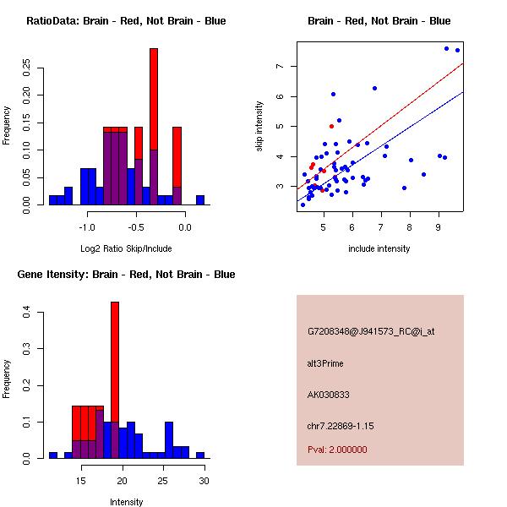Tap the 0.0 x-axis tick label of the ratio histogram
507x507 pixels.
[x=183, y=227]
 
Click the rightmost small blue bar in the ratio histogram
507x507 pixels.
[x=200, y=200]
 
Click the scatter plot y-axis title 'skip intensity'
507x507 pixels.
[x=259, y=127]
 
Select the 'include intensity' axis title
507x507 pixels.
[x=379, y=248]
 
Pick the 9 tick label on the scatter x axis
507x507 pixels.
[x=438, y=227]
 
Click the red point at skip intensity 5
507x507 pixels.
[x=331, y=126]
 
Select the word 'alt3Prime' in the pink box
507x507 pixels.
[x=325, y=363]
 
